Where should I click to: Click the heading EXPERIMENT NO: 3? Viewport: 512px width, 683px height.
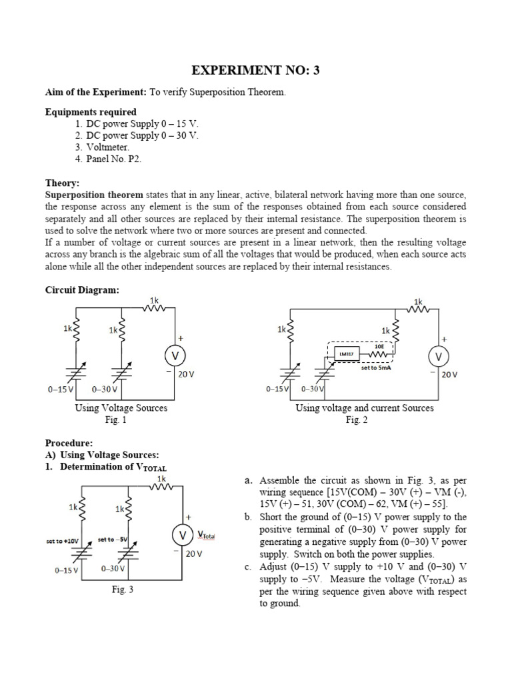click(257, 70)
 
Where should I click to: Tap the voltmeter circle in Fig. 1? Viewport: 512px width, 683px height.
click(175, 356)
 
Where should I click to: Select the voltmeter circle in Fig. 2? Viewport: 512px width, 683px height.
click(438, 358)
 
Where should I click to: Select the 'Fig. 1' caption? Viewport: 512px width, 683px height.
click(115, 420)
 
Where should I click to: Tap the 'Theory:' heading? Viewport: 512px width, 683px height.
click(62, 183)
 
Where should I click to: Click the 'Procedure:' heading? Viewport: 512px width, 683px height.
click(69, 443)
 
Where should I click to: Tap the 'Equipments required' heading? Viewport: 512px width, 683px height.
click(91, 112)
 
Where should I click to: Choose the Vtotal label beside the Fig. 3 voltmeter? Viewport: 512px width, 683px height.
click(206, 535)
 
